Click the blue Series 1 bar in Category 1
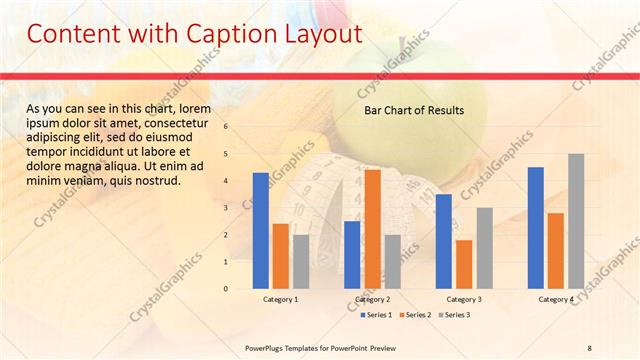point(260,230)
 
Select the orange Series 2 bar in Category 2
point(372,228)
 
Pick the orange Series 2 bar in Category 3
point(464,263)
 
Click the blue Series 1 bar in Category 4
point(535,227)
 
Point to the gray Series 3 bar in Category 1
point(301,261)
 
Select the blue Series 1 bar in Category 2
point(352,254)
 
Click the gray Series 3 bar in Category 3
point(484,247)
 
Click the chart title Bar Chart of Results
point(413,111)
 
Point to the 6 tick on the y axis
point(226,127)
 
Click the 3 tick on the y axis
point(226,208)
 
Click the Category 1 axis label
point(280,299)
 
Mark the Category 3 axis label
point(464,299)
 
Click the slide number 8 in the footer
point(589,347)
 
